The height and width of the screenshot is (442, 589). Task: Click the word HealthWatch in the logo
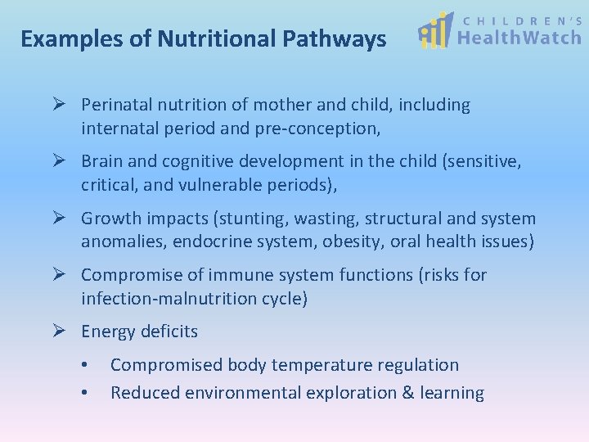(x=519, y=37)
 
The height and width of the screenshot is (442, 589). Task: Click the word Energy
(x=108, y=331)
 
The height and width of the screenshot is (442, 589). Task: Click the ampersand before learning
(x=407, y=393)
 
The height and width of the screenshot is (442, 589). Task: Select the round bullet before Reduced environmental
(x=85, y=393)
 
